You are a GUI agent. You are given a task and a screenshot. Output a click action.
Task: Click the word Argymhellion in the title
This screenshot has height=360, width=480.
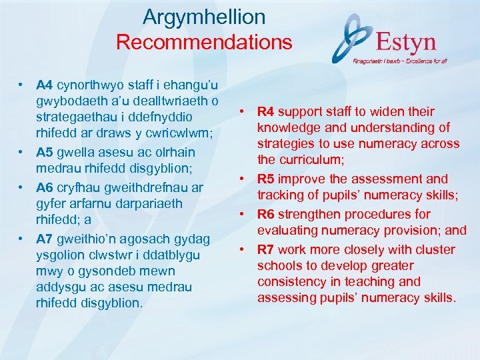204,17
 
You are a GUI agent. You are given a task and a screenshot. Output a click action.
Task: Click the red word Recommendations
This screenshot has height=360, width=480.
204,43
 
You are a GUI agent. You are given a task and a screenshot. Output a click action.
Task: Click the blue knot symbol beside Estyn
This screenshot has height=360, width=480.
354,38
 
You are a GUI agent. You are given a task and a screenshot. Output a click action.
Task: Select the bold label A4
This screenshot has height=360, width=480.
45,85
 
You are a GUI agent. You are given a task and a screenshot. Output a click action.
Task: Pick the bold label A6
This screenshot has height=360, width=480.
45,188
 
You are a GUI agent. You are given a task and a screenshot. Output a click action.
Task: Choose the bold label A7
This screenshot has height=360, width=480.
45,239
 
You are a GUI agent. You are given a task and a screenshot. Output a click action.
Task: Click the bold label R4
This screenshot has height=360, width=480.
266,111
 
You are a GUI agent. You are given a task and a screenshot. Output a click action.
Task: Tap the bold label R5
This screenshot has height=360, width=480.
266,179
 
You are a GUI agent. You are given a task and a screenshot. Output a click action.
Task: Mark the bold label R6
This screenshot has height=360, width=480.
266,214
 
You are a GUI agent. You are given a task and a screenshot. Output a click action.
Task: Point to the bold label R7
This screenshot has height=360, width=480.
266,249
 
